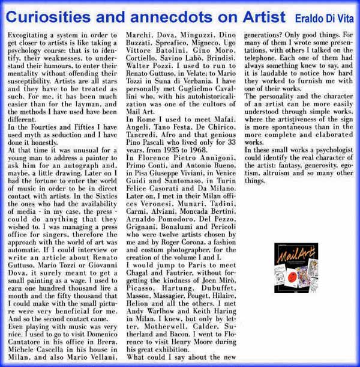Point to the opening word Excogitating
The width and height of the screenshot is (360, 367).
[x=29, y=37]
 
